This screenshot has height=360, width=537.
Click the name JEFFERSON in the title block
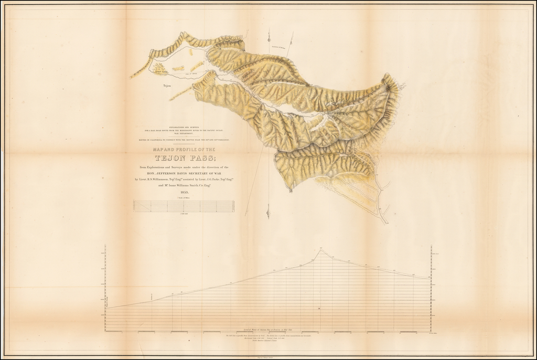point(180,173)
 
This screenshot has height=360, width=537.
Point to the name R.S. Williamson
point(158,179)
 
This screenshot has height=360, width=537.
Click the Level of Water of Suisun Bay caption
point(267,328)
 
